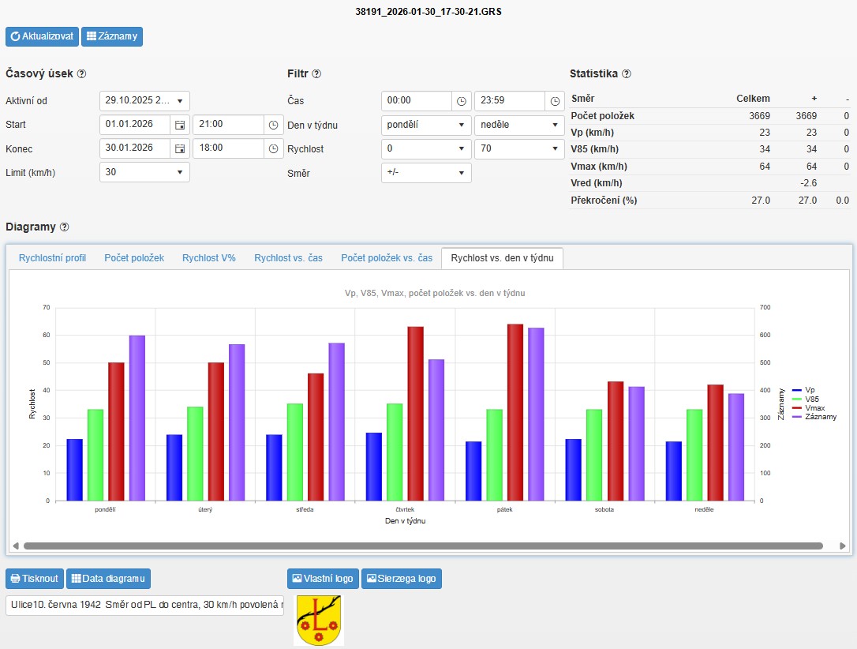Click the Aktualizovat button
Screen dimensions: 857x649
point(42,36)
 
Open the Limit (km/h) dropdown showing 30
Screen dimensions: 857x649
point(144,172)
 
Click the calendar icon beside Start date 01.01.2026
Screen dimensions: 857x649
point(180,125)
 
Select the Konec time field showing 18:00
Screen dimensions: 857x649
point(229,148)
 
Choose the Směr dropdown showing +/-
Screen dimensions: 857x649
point(426,173)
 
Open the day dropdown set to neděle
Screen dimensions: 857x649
point(519,126)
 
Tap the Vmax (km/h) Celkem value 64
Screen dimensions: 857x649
point(765,167)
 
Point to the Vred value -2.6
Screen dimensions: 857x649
point(808,183)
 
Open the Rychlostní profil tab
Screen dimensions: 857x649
point(52,258)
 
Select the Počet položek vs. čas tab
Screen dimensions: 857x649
point(387,258)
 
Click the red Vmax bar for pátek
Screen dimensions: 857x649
point(515,413)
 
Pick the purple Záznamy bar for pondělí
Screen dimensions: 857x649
point(137,418)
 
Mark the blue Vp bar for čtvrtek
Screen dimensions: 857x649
point(374,467)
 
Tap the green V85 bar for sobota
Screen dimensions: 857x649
point(594,455)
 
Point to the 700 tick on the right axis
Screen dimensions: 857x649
point(765,307)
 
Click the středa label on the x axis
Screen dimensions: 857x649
point(305,509)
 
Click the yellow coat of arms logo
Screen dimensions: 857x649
point(319,620)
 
